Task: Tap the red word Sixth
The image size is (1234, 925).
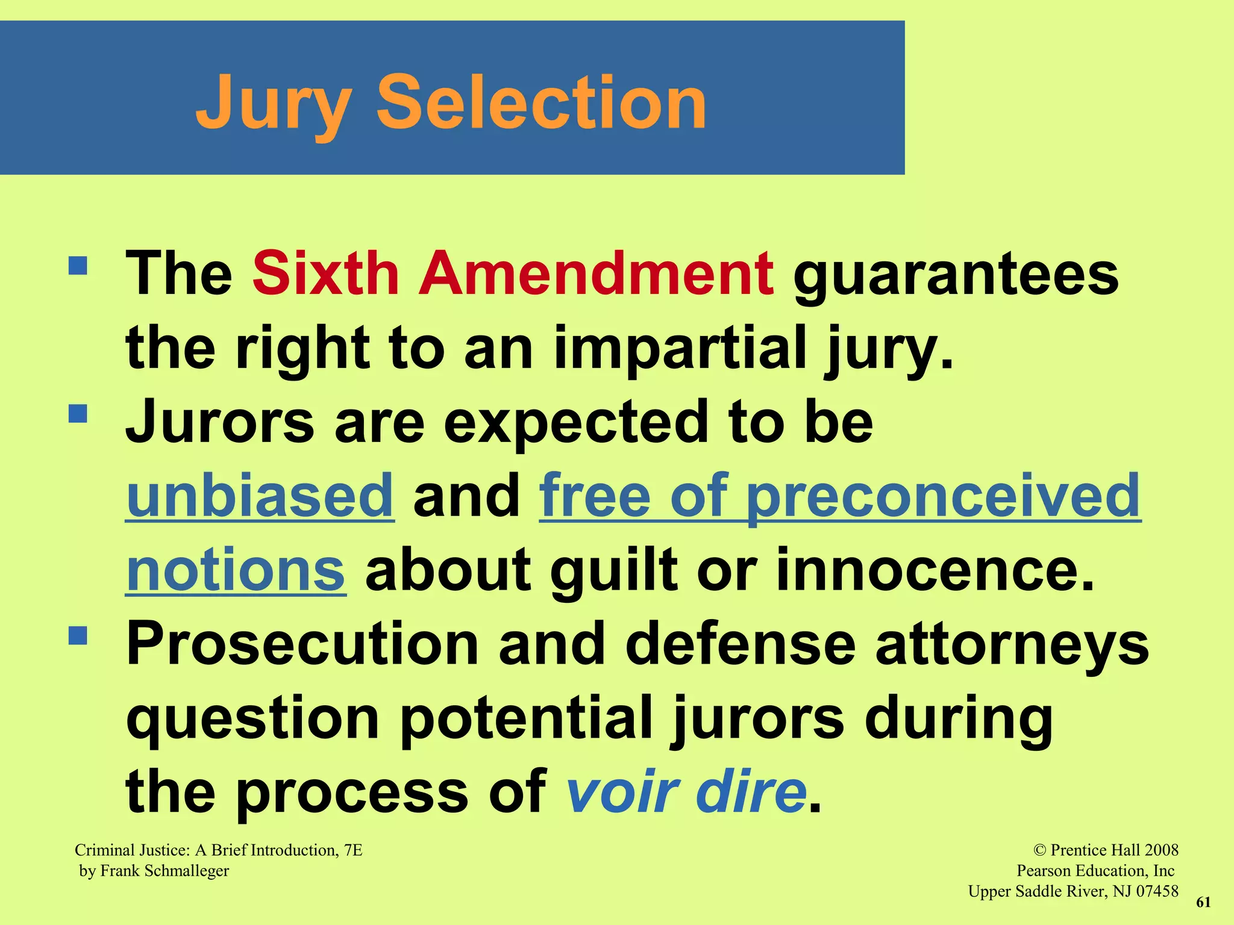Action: point(326,274)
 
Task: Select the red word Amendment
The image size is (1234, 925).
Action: point(596,274)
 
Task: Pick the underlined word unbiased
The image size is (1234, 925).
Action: point(260,496)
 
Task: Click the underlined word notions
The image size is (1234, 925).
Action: point(236,570)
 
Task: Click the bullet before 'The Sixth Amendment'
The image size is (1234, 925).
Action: point(78,266)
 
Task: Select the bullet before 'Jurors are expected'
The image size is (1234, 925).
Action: point(78,414)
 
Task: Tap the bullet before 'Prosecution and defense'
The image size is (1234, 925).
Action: point(78,636)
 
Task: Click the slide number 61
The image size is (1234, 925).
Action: point(1203,902)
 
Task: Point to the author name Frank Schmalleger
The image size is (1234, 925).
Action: point(164,871)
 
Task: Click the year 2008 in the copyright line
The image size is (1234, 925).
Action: point(1161,850)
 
